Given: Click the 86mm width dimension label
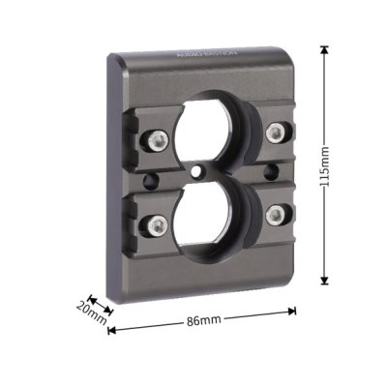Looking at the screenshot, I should point(201,320).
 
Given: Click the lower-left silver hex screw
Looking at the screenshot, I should point(155,225).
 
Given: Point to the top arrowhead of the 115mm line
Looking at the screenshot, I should point(324,49).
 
